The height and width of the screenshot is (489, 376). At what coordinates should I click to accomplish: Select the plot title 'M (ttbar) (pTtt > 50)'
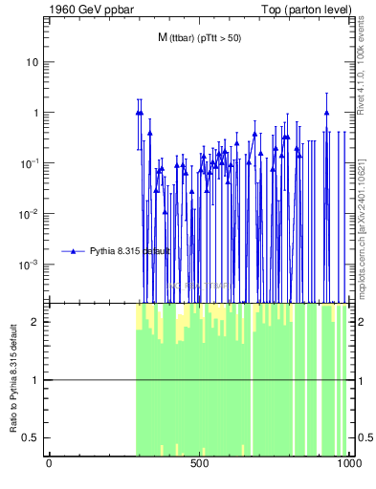pyautogui.click(x=199, y=38)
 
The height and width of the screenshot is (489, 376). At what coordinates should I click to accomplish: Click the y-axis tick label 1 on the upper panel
pyautogui.click(x=36, y=113)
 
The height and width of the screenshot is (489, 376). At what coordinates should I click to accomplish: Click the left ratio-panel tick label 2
pyautogui.click(x=36, y=322)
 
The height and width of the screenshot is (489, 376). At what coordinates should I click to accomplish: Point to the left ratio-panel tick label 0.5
pyautogui.click(x=33, y=437)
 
